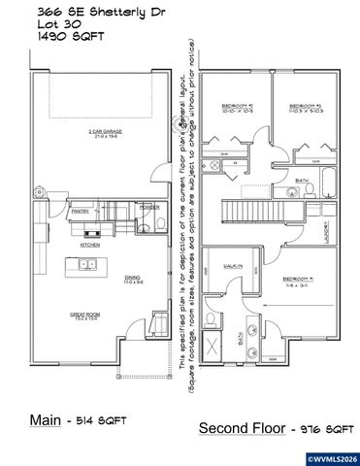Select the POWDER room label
click(149, 206)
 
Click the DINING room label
click(133, 277)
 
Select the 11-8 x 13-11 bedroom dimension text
click(295, 285)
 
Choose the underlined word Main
click(46, 419)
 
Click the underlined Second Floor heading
click(240, 427)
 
